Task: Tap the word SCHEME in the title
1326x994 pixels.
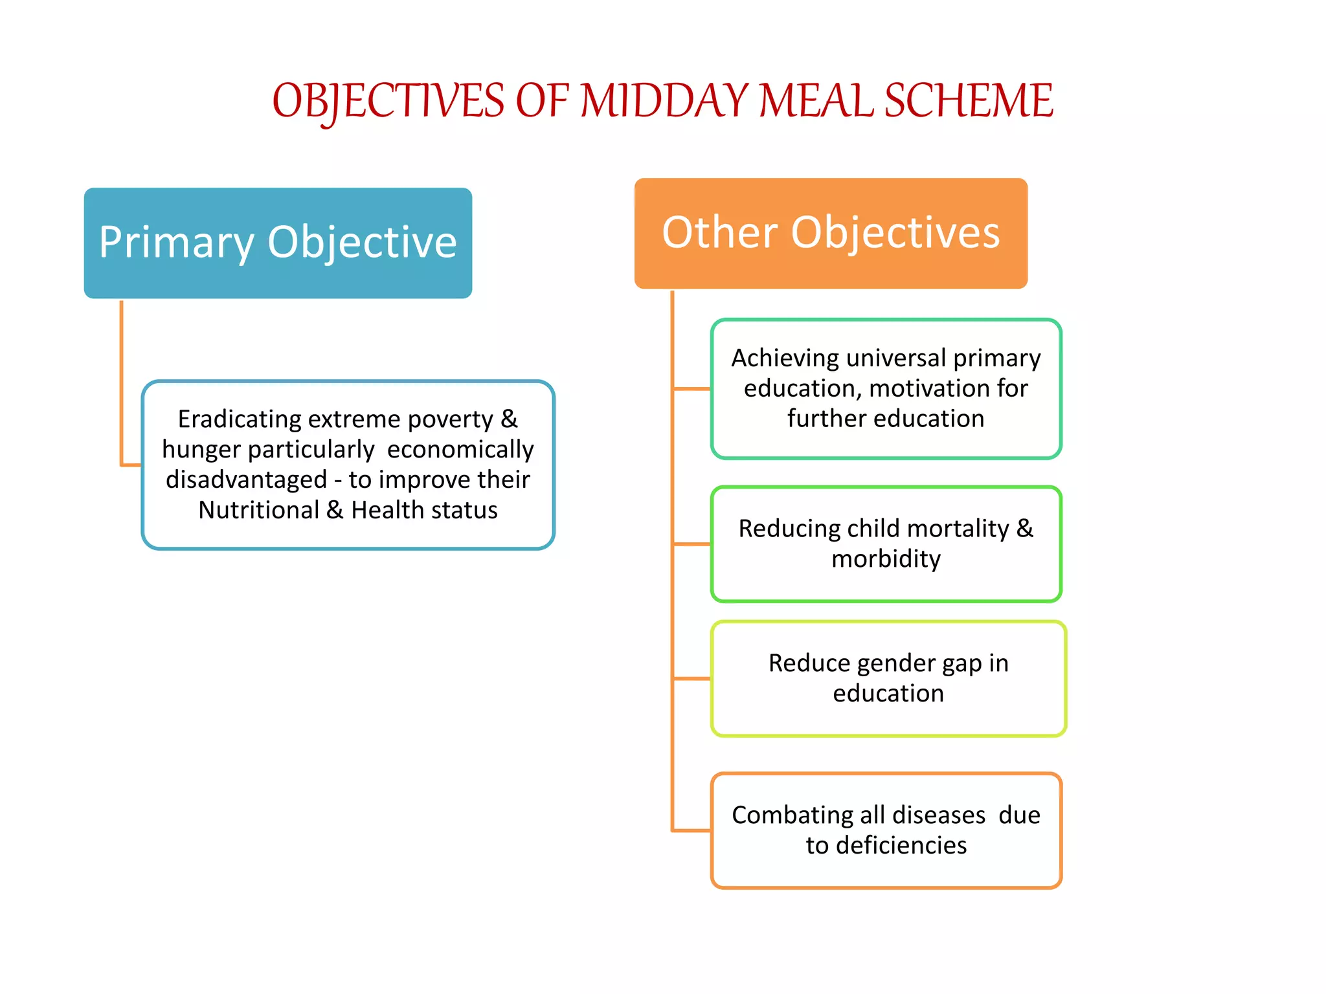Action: [969, 101]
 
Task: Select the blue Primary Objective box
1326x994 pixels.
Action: [278, 243]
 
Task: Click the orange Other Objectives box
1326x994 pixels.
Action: [831, 233]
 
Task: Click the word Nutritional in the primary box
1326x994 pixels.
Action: [258, 511]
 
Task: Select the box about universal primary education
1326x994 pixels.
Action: [886, 389]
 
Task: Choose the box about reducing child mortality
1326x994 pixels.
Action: [886, 544]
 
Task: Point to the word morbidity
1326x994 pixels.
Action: [886, 559]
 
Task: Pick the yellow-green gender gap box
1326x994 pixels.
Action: [888, 679]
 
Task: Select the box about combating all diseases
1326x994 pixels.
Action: [886, 830]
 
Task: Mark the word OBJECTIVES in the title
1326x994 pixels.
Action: [388, 102]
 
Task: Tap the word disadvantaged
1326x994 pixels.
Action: [246, 480]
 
